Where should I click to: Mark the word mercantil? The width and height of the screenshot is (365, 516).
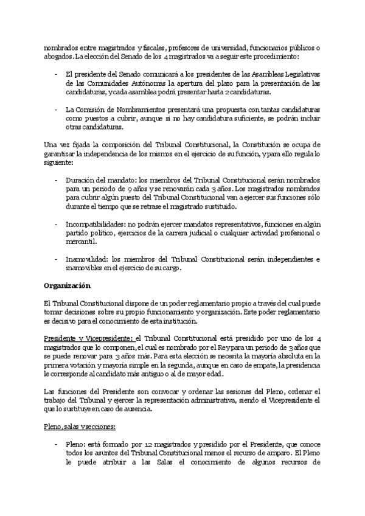[x=82, y=242]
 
